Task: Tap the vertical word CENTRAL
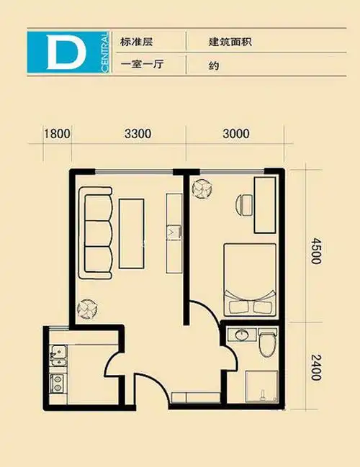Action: tap(104, 52)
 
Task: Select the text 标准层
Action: tap(136, 42)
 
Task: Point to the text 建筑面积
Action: tap(230, 42)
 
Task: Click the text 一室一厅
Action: tap(142, 64)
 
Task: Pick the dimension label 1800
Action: tap(57, 134)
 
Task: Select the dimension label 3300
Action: tap(138, 134)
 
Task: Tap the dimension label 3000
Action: tap(236, 134)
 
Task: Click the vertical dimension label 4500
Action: tap(315, 250)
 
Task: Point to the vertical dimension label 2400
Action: tap(315, 368)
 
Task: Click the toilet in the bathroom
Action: tap(267, 343)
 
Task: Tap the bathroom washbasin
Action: tap(241, 335)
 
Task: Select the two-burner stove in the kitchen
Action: tap(58, 384)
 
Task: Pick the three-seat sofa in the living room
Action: tap(96, 233)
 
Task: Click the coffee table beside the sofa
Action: tap(132, 233)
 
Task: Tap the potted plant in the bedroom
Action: tap(202, 188)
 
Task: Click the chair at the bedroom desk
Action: tap(244, 205)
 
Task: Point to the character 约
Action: tap(214, 65)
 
